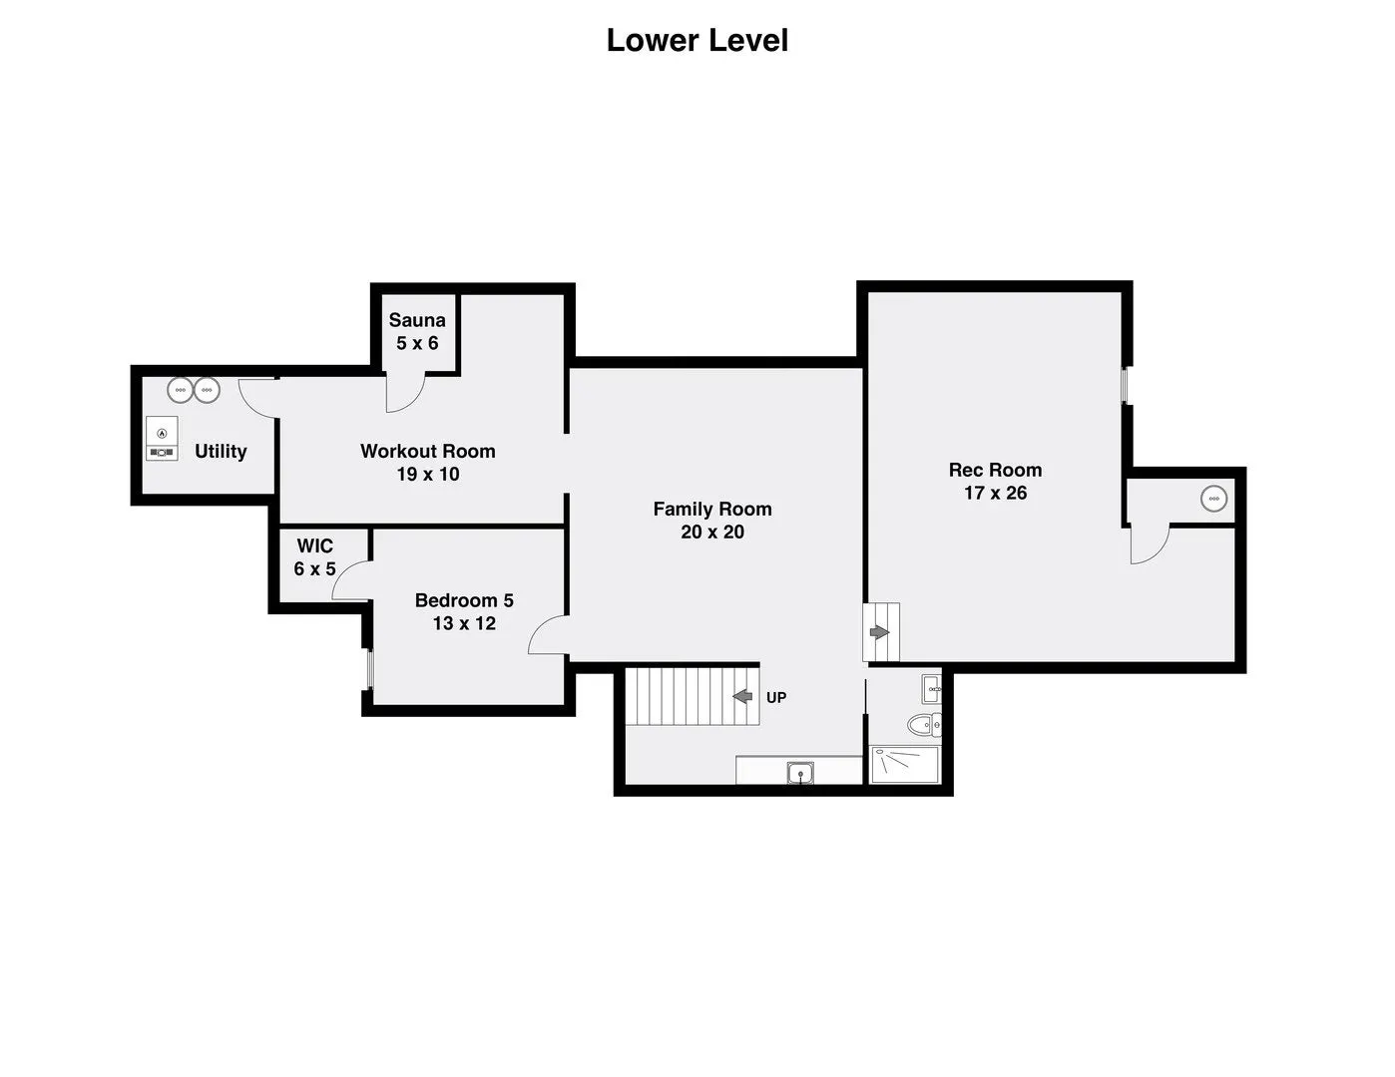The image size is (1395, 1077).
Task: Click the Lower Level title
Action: [x=697, y=41]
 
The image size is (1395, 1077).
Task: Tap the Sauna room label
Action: [x=417, y=319]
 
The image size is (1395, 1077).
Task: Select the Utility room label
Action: [x=221, y=451]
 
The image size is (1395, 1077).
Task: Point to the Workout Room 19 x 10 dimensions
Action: [x=427, y=474]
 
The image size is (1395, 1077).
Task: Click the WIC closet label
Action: [x=314, y=545]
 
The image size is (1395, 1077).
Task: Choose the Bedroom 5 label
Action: [x=464, y=600]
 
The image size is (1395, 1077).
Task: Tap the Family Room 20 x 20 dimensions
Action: [x=712, y=532]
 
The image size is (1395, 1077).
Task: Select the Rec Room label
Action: [x=995, y=470]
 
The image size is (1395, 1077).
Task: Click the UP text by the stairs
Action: [x=776, y=698]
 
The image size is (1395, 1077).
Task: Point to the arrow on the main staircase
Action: [x=742, y=696]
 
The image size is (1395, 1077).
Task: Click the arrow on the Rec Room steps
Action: [x=879, y=632]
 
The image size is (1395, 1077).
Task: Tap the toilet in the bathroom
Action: [x=924, y=726]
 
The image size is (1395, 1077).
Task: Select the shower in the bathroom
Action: [x=904, y=765]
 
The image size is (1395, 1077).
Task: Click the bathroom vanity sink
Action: [x=932, y=689]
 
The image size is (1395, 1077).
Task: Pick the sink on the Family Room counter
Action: [x=800, y=773]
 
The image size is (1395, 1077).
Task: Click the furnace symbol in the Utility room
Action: [x=162, y=439]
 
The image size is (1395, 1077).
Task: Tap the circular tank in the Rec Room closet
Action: [x=1214, y=499]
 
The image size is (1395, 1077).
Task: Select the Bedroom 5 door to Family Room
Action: [x=548, y=634]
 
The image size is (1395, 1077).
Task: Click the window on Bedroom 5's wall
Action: [x=369, y=669]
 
